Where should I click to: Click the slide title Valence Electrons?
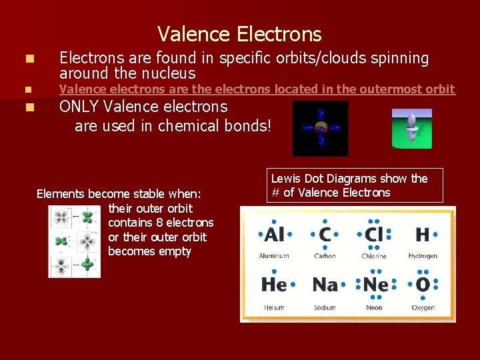(x=239, y=34)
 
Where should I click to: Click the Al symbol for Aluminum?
(x=274, y=235)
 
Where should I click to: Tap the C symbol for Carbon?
(x=325, y=235)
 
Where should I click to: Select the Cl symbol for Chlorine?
(x=374, y=235)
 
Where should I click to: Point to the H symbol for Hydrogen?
(x=423, y=235)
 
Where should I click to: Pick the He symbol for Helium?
(x=274, y=285)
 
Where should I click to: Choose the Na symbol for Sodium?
(x=325, y=285)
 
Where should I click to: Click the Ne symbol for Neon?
(x=375, y=285)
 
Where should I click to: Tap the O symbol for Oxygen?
(x=423, y=285)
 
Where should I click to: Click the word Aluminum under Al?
(x=274, y=256)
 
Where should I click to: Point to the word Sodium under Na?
(x=325, y=307)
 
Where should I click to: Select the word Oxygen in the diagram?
(x=423, y=307)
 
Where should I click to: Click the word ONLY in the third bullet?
(x=80, y=107)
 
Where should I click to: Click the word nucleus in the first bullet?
(x=172, y=73)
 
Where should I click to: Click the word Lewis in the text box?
(x=286, y=179)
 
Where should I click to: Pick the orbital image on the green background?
(x=411, y=128)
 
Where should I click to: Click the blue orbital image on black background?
(x=321, y=128)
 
